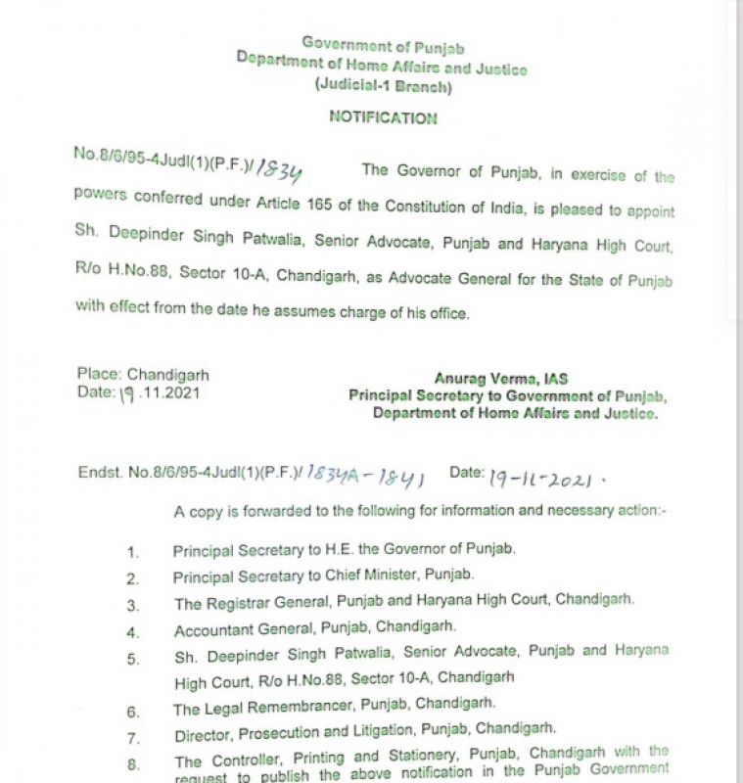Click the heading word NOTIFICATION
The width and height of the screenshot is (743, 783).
pyautogui.click(x=383, y=117)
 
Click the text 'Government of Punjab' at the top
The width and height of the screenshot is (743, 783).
pyautogui.click(x=383, y=45)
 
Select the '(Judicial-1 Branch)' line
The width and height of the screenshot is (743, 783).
pyautogui.click(x=383, y=86)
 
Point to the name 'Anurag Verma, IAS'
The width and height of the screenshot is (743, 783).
pyautogui.click(x=500, y=379)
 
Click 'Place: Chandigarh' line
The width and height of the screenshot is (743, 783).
pyautogui.click(x=143, y=374)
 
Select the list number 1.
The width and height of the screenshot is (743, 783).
pyautogui.click(x=133, y=552)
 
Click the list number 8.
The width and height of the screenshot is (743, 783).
pyautogui.click(x=133, y=764)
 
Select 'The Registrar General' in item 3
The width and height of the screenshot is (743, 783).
pyautogui.click(x=250, y=602)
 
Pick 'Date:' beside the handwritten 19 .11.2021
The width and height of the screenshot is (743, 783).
pyautogui.click(x=96, y=392)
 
